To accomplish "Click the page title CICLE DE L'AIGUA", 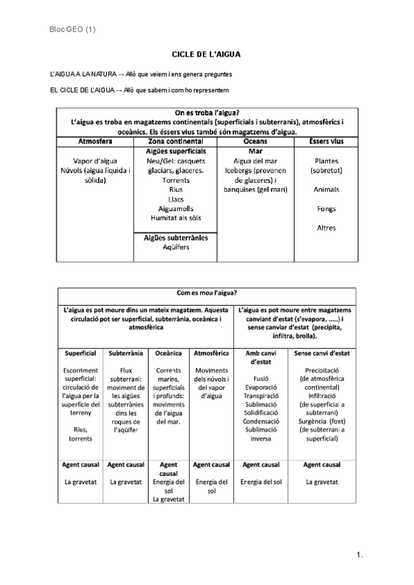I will click(206, 54).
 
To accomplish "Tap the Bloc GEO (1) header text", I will click(73, 29).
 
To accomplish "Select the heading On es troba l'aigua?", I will click(207, 113).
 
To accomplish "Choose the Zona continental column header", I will click(175, 141).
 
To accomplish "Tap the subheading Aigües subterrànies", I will click(175, 237).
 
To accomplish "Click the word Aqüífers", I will click(175, 247).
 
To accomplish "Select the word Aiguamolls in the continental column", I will click(175, 208).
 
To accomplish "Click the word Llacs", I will click(175, 198).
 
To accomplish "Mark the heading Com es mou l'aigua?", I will click(207, 292).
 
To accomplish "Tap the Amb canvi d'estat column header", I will click(261, 357).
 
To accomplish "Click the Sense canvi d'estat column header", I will click(322, 353).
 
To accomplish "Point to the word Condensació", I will click(261, 421).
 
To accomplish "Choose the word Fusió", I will click(261, 378).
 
